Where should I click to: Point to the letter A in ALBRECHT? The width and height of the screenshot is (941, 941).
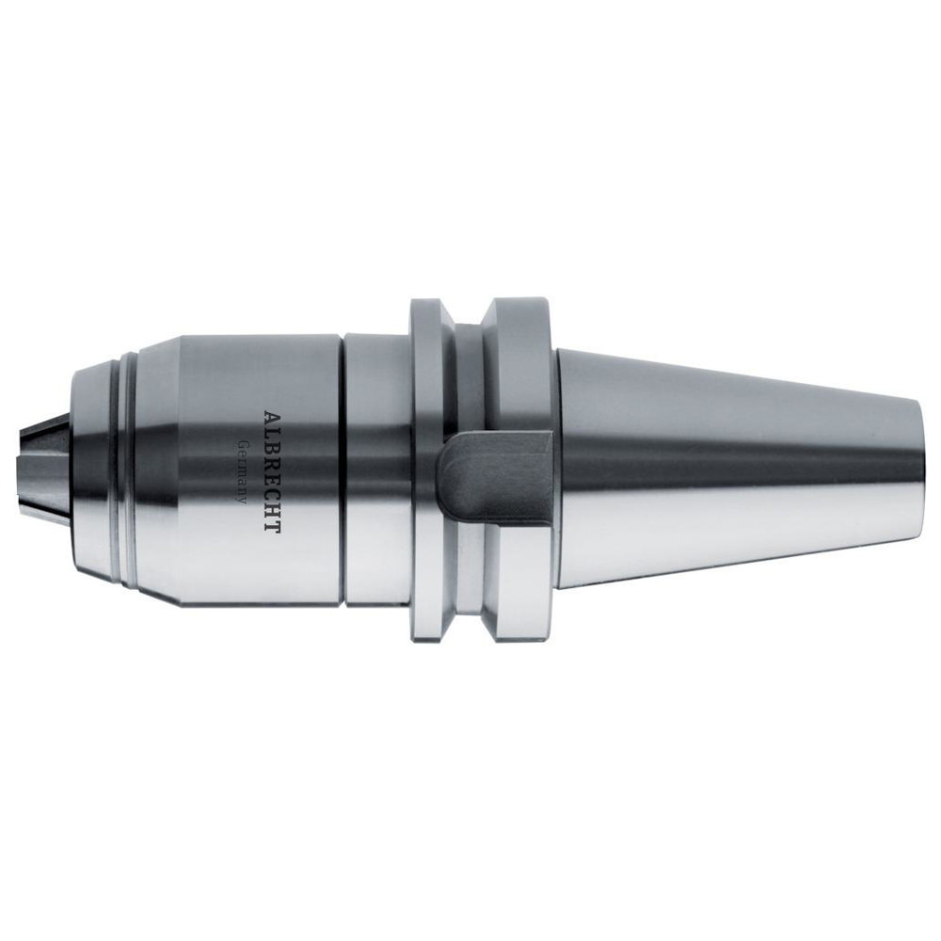[x=273, y=418]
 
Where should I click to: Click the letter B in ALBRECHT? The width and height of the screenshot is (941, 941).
[x=273, y=446]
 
